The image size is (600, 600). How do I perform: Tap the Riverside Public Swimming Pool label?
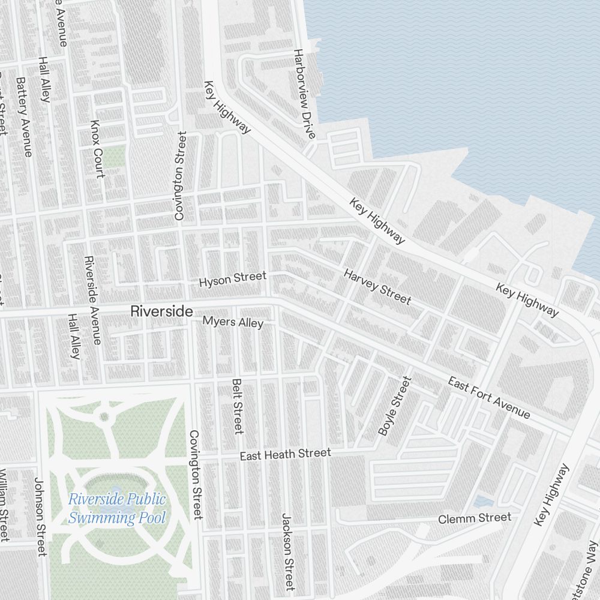117,508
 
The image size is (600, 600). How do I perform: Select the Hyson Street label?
232,279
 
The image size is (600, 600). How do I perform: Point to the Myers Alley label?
233,322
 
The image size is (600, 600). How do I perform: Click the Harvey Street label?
377,287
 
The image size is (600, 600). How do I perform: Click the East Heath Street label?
285,454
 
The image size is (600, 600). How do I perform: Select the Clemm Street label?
475,518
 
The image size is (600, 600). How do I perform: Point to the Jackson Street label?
288,551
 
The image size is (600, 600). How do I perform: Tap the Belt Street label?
237,406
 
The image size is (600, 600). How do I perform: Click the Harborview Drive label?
304,94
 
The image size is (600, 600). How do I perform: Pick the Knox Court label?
97,149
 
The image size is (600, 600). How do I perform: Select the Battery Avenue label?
25,117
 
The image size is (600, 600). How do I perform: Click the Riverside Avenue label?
92,300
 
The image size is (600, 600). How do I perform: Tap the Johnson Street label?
40,517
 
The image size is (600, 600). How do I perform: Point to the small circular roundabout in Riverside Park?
104,416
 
